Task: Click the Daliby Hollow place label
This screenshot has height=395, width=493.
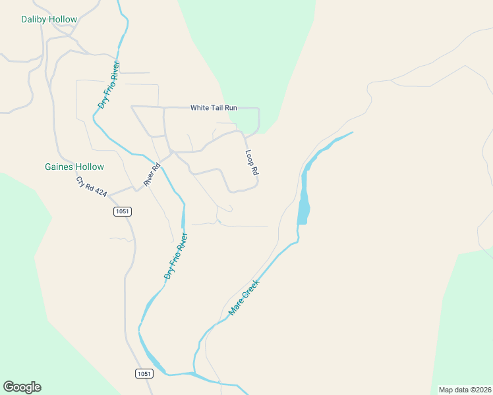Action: pyautogui.click(x=49, y=19)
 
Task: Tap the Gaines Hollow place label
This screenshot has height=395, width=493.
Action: pyautogui.click(x=74, y=167)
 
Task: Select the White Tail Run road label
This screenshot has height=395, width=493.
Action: pyautogui.click(x=214, y=107)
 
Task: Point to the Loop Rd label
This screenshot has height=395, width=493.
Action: pyautogui.click(x=251, y=163)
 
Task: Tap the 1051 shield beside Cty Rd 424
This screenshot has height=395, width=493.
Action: pyautogui.click(x=122, y=211)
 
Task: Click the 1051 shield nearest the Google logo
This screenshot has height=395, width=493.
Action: pyautogui.click(x=144, y=373)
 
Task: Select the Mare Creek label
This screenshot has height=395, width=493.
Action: pyautogui.click(x=244, y=297)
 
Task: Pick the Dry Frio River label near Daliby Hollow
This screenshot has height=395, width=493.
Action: pyautogui.click(x=109, y=84)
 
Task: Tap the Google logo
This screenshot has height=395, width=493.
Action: pyautogui.click(x=22, y=387)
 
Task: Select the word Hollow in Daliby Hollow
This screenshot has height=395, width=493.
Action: pyautogui.click(x=63, y=19)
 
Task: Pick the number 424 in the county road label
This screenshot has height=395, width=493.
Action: pyautogui.click(x=100, y=192)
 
